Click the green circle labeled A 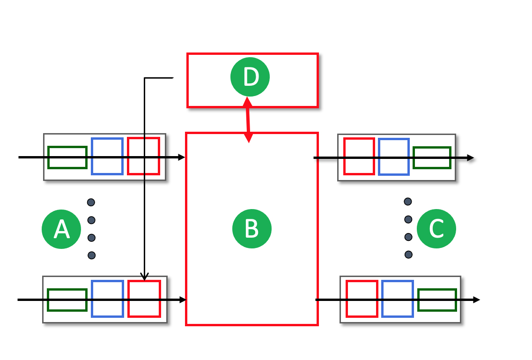61,229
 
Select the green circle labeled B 252,229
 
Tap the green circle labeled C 436,229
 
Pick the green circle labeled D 250,77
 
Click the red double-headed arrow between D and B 248,120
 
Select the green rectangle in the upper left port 67,157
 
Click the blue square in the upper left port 107,156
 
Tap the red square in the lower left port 144,299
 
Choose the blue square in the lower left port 107,299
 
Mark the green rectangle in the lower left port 67,300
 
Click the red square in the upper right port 359,156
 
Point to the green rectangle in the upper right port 432,158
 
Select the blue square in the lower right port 398,299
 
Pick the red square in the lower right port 362,299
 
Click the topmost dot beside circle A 91,202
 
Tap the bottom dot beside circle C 408,255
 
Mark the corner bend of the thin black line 145,78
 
